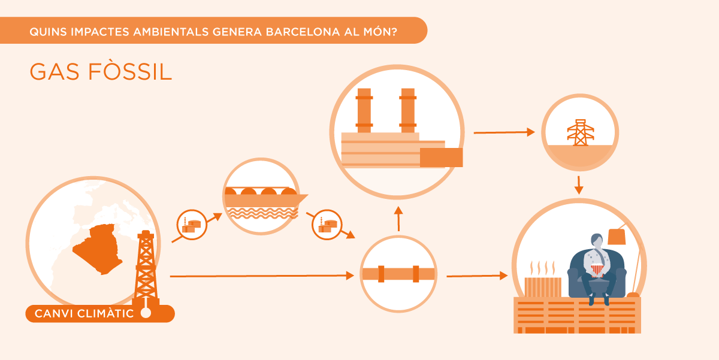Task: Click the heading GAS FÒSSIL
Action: (x=101, y=72)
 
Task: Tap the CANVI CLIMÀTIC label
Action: (x=84, y=313)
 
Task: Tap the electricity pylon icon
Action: (x=579, y=132)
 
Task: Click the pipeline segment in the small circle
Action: (x=398, y=274)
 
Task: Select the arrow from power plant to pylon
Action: (x=503, y=132)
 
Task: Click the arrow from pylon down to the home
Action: (x=579, y=184)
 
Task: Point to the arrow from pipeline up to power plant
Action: (x=398, y=219)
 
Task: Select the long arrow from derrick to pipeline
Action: (x=261, y=276)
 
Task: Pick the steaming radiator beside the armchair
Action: (x=543, y=286)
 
